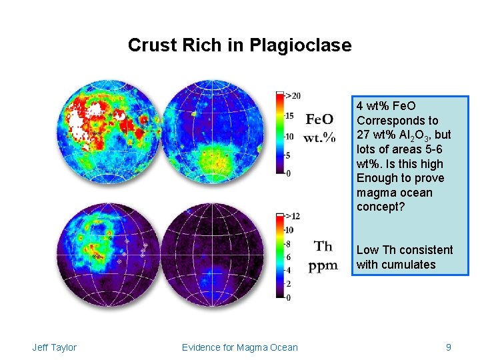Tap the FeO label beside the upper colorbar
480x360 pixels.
[319, 119]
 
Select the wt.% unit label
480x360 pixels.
[319, 138]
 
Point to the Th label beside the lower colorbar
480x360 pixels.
[323, 247]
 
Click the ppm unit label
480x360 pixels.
[323, 266]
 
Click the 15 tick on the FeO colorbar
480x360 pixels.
[289, 116]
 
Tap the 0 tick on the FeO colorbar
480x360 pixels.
[288, 173]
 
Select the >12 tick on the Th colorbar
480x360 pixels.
[293, 216]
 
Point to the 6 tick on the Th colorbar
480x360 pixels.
[288, 257]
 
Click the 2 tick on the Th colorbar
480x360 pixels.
[288, 284]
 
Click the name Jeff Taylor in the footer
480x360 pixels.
[54, 347]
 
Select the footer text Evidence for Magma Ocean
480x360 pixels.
[240, 347]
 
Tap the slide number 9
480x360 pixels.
[449, 347]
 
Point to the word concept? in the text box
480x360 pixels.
[381, 207]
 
